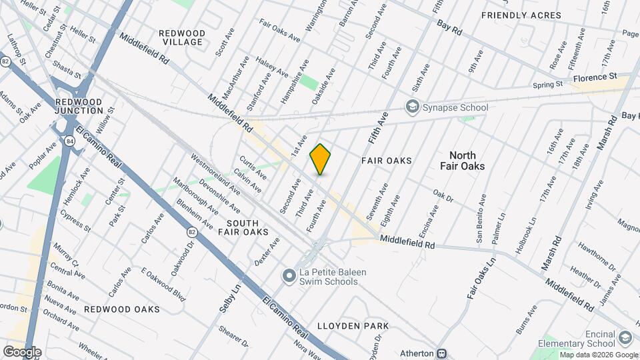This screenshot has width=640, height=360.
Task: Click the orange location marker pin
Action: click(321, 159)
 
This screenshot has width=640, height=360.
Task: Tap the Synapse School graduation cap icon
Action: click(413, 107)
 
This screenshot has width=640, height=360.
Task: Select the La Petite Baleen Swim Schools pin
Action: click(289, 275)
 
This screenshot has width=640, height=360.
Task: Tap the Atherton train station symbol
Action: click(441, 353)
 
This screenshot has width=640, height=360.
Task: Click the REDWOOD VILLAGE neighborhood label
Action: click(181, 37)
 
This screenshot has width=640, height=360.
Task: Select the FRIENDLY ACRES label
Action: click(511, 15)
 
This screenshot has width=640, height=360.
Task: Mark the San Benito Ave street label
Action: click(481, 215)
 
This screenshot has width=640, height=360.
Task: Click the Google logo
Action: click(21, 351)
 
